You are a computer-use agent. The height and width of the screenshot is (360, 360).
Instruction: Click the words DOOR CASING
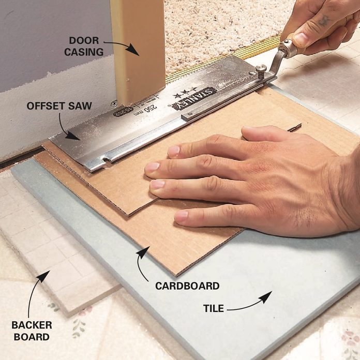click(x=84, y=46)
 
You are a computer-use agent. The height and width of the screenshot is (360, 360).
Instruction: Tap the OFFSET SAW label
click(x=59, y=106)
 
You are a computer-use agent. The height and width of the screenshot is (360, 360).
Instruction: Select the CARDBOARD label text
click(x=187, y=286)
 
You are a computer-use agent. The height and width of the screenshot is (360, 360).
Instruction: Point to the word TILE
click(x=214, y=308)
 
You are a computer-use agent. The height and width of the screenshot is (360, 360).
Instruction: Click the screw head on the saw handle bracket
click(x=261, y=68)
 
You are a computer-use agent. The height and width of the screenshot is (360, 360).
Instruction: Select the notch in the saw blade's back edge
click(x=106, y=159)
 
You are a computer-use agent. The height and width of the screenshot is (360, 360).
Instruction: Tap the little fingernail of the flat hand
click(x=182, y=216)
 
